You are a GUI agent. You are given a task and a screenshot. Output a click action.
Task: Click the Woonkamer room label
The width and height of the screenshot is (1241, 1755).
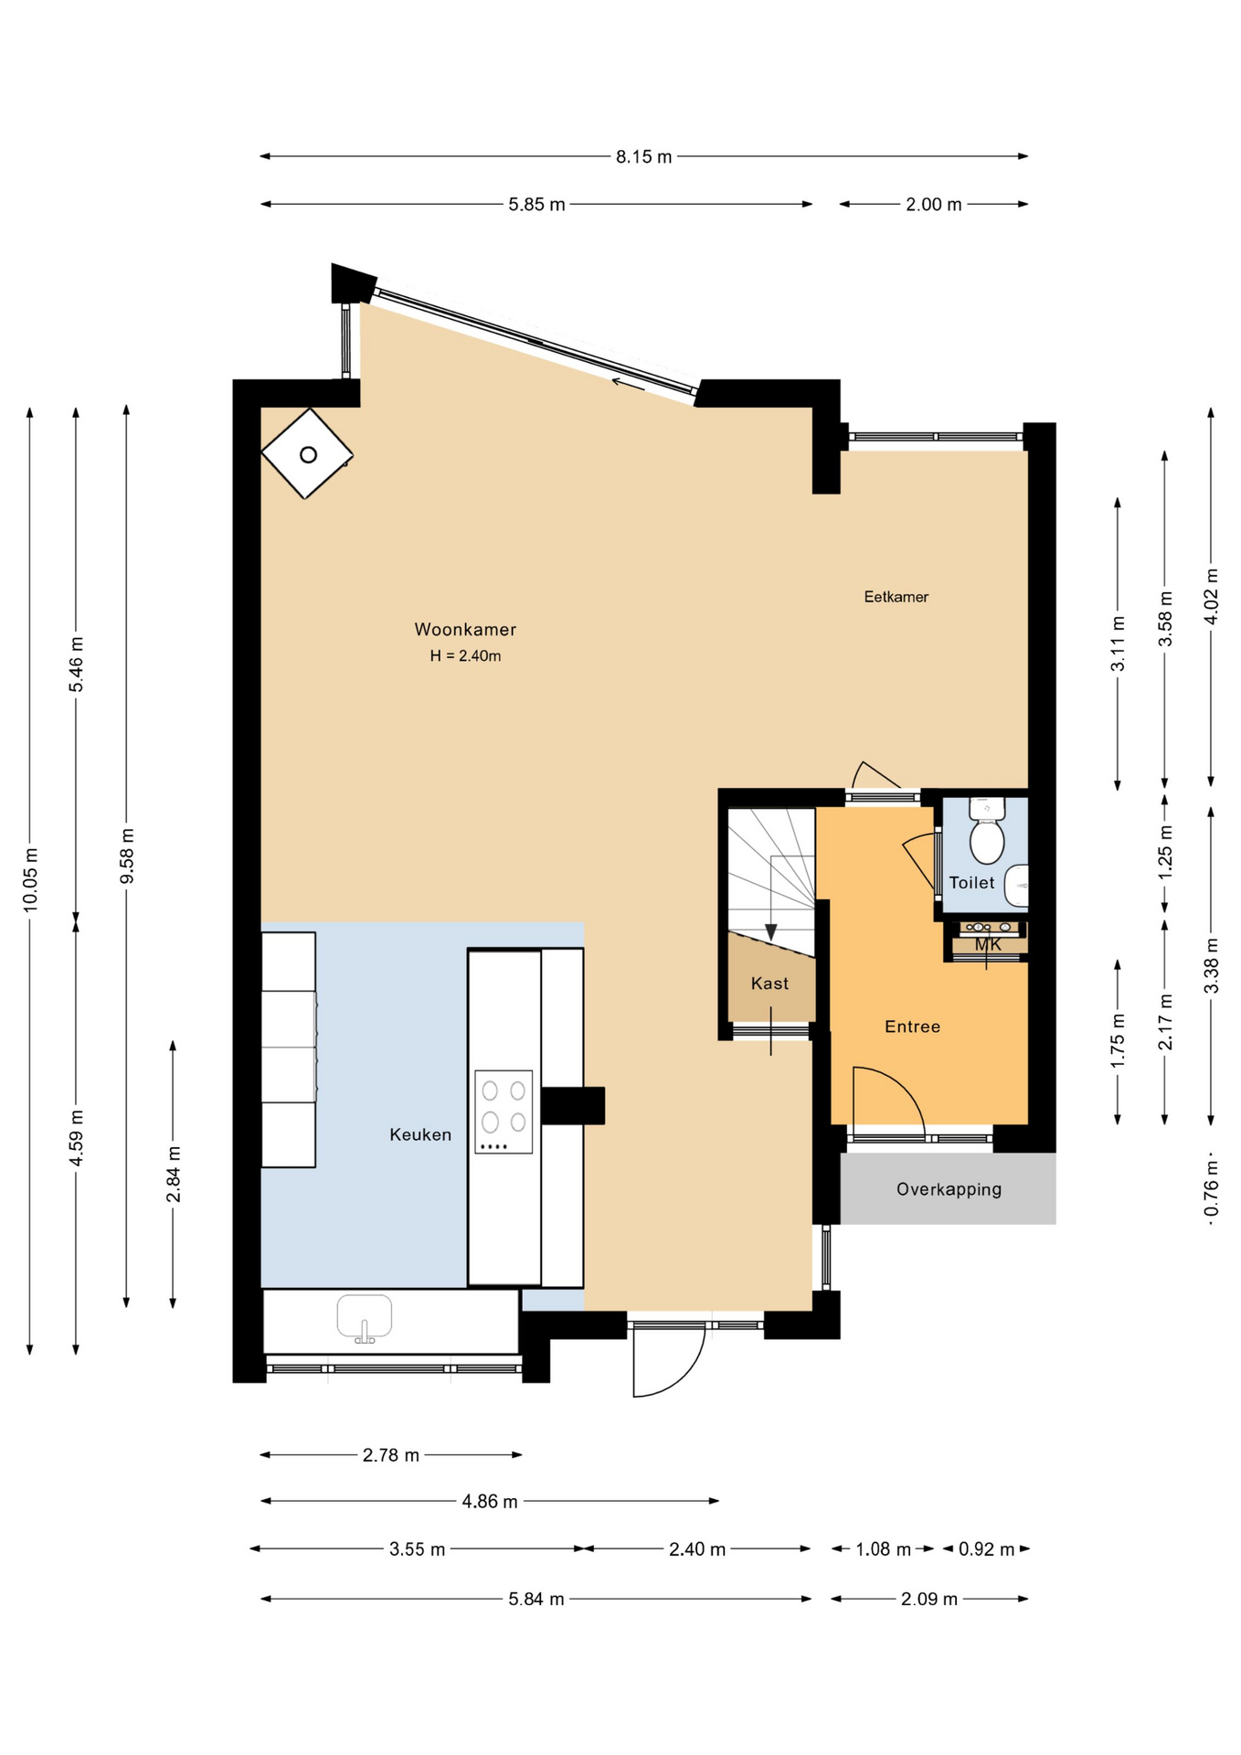coord(465,629)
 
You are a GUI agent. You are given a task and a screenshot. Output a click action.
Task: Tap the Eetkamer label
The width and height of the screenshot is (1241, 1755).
coord(896,597)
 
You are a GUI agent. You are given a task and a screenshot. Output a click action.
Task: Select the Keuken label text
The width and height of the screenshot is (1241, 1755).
coord(420,1134)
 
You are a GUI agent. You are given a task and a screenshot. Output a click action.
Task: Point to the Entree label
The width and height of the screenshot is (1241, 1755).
coord(912,1026)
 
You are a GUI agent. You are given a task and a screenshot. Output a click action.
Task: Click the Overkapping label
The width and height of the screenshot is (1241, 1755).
coord(949,1189)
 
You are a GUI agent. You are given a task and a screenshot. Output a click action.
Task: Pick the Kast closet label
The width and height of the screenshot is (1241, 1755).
coord(769,984)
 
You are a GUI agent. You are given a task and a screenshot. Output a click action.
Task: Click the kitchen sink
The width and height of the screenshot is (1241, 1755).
coord(365,1318)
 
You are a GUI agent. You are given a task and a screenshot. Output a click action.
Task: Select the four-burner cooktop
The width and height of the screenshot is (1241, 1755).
coord(504,1111)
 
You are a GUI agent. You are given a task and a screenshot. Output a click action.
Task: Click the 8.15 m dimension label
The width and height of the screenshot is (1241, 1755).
coord(643,156)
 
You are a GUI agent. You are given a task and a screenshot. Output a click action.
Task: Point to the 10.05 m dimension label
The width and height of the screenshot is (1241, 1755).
coord(30,879)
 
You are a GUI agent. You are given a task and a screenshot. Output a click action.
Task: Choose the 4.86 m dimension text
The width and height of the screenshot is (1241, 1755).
coord(490,1501)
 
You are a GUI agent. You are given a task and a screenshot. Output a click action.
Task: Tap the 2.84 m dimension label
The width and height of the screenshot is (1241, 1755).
coord(173,1174)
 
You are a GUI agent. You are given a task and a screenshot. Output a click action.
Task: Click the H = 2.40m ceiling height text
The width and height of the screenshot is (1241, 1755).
coord(465,655)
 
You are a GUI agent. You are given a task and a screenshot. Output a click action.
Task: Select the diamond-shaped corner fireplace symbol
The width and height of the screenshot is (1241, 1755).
coord(307,453)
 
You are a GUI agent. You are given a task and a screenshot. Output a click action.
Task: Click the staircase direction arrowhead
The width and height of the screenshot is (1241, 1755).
coord(771,932)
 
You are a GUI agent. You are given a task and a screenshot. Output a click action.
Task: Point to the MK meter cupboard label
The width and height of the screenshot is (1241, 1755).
coord(988,944)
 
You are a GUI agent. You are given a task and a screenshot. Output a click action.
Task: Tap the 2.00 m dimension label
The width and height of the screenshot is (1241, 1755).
coord(933,205)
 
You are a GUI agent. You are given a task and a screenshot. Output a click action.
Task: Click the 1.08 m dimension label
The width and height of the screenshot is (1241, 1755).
coord(883,1549)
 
